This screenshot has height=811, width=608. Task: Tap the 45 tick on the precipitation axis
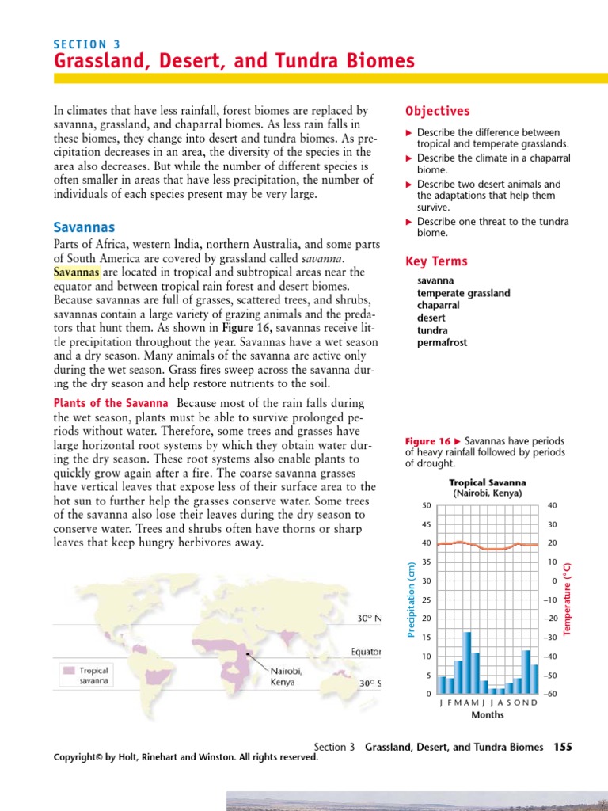tap(426, 524)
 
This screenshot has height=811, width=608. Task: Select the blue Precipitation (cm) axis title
tap(411, 597)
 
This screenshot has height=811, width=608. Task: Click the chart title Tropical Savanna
tap(488, 482)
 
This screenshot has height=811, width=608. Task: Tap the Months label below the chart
tap(488, 714)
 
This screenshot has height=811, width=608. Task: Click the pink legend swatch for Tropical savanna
tap(70, 669)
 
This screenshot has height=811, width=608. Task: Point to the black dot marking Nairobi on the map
tap(250, 654)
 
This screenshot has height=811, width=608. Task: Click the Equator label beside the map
tap(366, 652)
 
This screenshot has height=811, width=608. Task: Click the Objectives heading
tap(437, 112)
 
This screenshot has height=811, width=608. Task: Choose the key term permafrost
tap(443, 343)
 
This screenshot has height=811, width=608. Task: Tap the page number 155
tap(562, 747)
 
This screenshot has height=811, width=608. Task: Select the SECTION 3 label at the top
tap(86, 44)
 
